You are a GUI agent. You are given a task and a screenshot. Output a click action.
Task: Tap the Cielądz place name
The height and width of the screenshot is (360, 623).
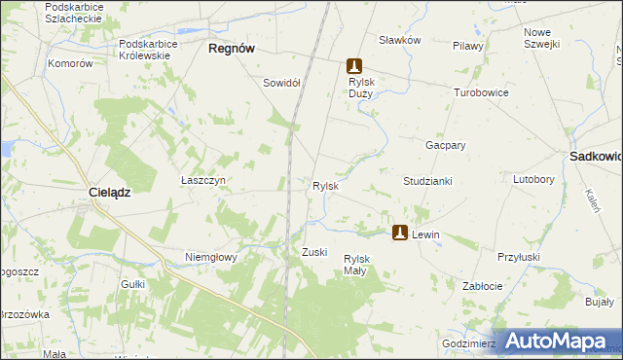(110, 193)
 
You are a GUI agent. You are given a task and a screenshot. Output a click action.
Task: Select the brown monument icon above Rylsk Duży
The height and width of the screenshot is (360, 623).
(355, 66)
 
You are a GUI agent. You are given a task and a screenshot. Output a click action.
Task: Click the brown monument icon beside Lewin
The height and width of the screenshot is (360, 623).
(400, 234)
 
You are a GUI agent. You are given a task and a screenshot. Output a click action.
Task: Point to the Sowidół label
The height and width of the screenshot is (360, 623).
(281, 83)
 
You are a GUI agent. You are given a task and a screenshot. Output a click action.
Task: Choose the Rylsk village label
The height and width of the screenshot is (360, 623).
(324, 185)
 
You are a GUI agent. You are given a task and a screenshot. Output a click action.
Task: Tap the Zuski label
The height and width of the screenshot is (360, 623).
(313, 252)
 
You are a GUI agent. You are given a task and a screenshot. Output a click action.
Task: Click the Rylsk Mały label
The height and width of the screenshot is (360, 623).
(356, 265)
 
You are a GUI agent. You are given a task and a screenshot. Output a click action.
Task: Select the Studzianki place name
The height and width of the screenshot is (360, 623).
(427, 181)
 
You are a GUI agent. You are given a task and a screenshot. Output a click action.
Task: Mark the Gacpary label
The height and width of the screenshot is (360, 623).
(445, 144)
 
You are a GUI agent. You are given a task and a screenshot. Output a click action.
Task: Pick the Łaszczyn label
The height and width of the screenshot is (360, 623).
(203, 180)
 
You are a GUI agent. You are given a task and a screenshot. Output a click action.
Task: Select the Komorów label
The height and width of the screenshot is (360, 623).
(70, 63)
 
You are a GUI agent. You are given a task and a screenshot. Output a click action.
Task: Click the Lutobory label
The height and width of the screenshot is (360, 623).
(533, 180)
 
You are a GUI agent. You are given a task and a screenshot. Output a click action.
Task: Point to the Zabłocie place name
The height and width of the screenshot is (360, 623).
(482, 286)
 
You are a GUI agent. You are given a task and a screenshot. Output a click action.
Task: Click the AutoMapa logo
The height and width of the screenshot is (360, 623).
(556, 341)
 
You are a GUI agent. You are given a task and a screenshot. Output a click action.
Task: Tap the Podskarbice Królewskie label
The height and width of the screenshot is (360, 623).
(158, 50)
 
